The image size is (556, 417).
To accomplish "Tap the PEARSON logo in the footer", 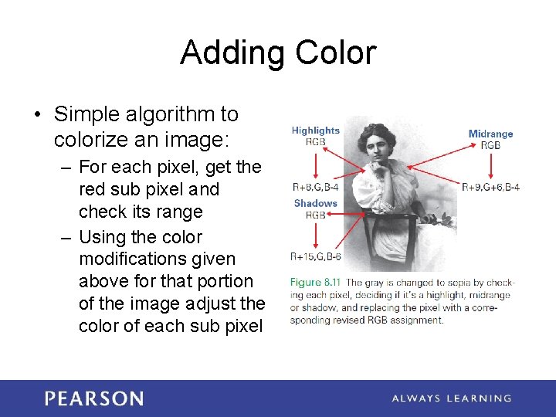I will point(93,398).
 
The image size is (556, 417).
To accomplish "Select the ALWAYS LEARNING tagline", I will point(451,398).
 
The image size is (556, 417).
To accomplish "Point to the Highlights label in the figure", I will point(315,131).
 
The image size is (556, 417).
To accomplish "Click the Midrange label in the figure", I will point(490,134).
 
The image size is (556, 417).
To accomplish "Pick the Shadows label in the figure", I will point(315,204).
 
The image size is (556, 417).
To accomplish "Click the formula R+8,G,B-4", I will point(315,186).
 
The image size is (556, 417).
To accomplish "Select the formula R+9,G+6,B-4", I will point(490,186).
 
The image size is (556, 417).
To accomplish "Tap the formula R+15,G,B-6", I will point(315,256).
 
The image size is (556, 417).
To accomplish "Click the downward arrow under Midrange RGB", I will point(491,164).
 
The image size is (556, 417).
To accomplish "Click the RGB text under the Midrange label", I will point(490,144).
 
